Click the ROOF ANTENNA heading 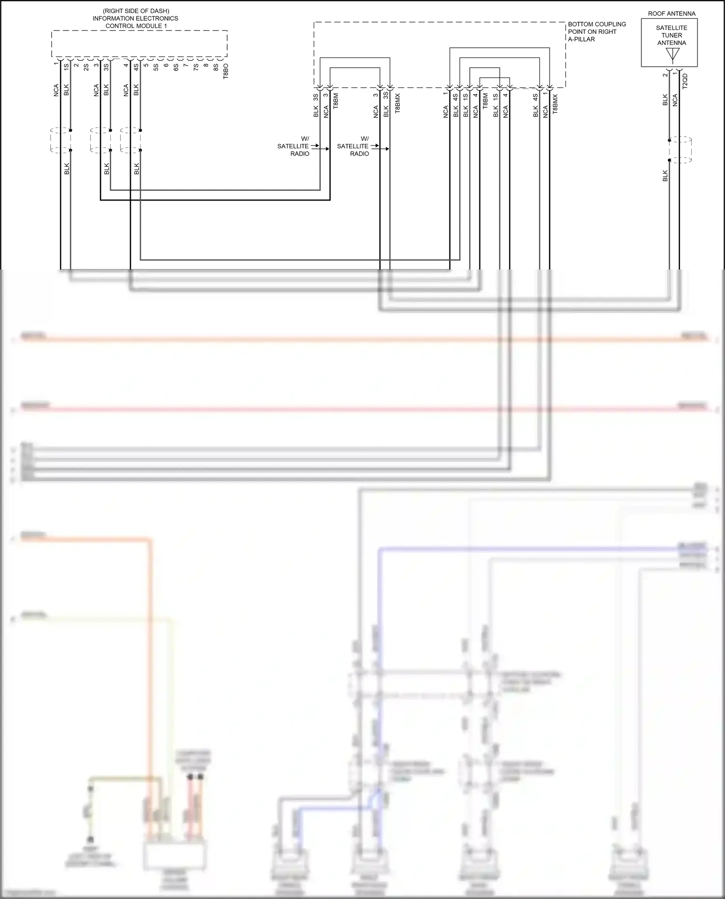(671, 14)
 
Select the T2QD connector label (685, 81)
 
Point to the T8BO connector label (226, 71)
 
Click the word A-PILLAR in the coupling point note (581, 39)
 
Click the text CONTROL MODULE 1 (136, 26)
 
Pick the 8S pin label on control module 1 (216, 68)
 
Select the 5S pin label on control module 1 (156, 68)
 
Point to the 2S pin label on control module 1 (86, 68)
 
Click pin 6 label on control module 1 (166, 66)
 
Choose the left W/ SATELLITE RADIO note (294, 146)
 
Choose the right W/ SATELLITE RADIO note (353, 146)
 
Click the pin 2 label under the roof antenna (665, 74)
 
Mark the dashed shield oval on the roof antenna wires (681, 150)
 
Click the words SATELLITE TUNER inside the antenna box (671, 31)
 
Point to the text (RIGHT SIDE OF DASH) (136, 11)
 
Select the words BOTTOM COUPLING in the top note (596, 24)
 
